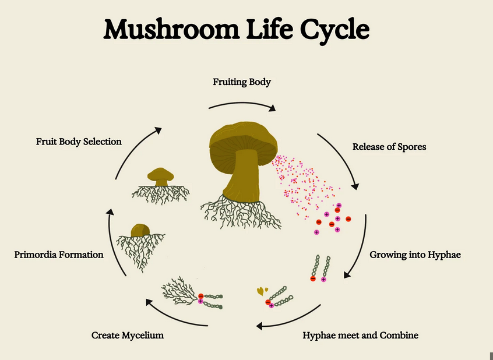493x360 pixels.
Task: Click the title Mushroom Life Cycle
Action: pos(236,29)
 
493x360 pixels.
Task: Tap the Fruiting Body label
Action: pos(242,82)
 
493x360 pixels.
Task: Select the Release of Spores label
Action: pos(389,147)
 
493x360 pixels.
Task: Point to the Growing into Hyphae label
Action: pos(415,255)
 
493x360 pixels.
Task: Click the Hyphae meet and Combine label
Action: pos(360,336)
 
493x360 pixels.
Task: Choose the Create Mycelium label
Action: pos(128,336)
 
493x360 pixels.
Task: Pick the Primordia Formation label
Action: pos(59,255)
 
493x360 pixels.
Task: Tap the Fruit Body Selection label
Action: pos(79,142)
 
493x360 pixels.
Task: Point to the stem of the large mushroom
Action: pos(241,175)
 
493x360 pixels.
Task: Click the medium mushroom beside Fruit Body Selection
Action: pos(160,175)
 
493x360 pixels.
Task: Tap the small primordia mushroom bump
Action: pos(140,231)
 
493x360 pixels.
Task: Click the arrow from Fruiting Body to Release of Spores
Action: pos(242,104)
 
